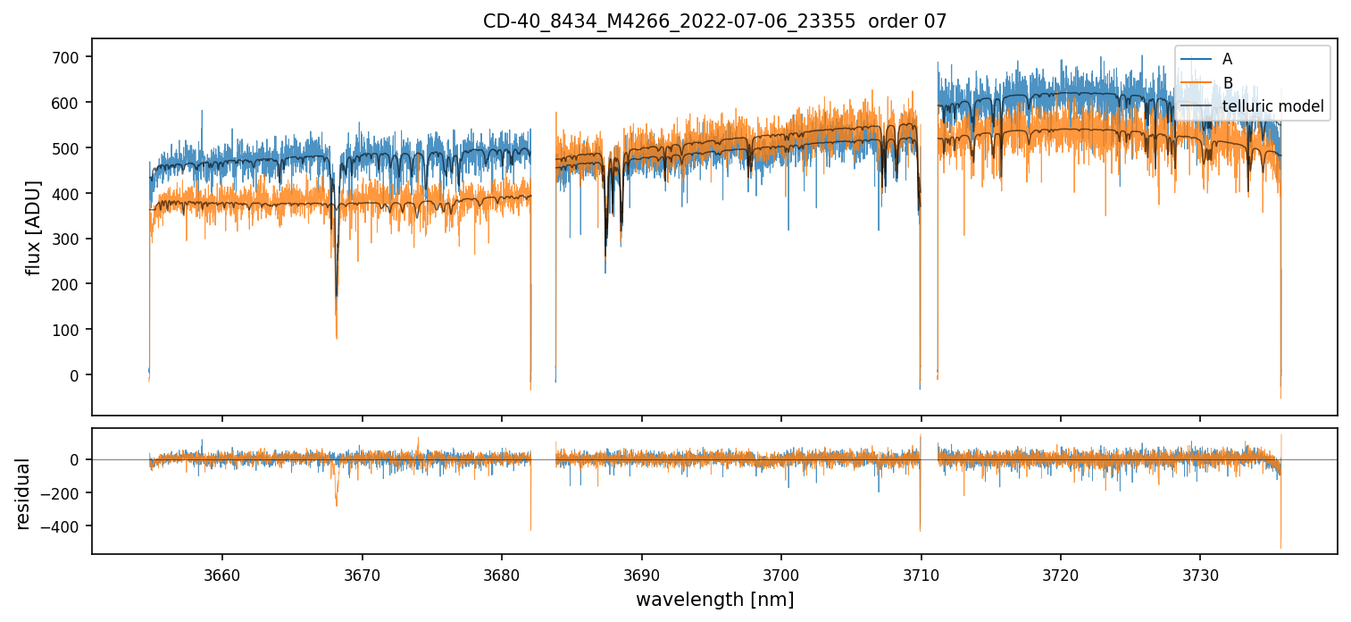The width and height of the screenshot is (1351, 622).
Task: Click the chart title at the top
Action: click(714, 21)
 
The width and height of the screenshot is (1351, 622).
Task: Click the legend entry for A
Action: click(1227, 59)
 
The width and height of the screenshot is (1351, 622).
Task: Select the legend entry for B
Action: click(1227, 83)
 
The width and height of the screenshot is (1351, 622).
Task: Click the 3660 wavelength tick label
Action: click(222, 572)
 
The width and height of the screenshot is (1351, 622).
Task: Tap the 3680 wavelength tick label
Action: click(502, 572)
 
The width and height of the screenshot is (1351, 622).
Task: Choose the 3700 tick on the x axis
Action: click(781, 572)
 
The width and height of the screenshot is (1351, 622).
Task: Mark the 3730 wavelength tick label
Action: click(1200, 572)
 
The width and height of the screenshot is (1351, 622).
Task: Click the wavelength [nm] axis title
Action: click(714, 599)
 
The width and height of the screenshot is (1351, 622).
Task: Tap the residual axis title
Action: click(22, 493)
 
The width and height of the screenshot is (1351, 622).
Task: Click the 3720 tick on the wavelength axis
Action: click(1061, 572)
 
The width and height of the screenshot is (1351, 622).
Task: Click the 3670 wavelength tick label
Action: click(363, 572)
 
